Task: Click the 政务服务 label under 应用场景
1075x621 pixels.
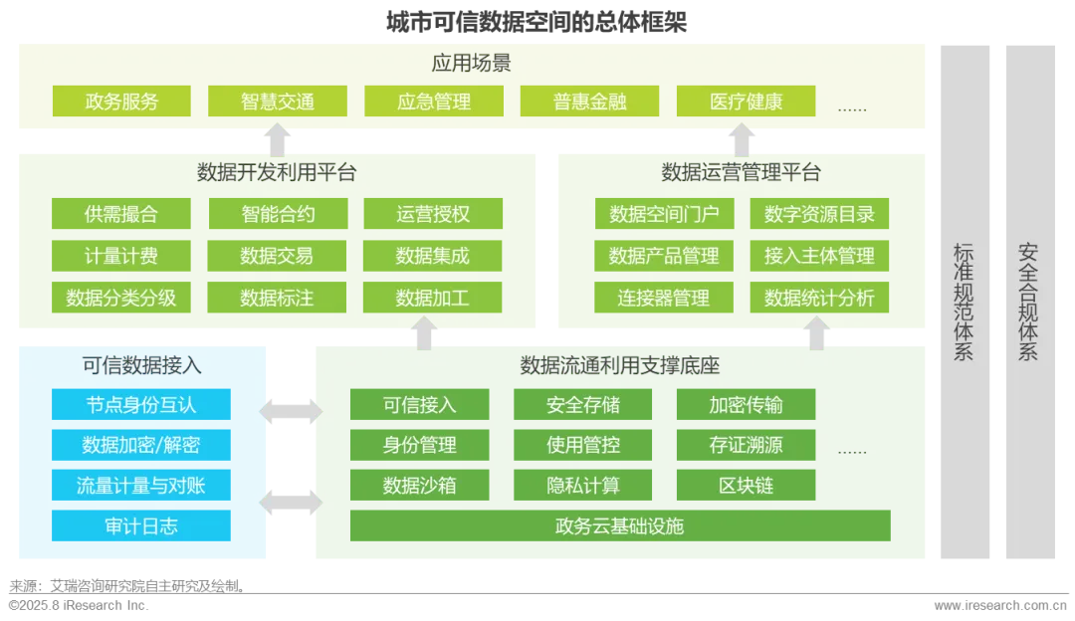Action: click(121, 102)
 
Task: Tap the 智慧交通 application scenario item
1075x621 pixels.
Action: click(277, 102)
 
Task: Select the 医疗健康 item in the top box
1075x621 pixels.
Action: click(746, 102)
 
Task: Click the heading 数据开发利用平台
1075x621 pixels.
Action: click(277, 173)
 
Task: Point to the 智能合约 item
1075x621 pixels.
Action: click(278, 214)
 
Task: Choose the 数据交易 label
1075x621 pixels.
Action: click(277, 256)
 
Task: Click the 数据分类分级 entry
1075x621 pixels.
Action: click(121, 298)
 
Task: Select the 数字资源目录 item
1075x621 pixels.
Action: click(819, 214)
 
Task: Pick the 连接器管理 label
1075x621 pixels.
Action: click(663, 298)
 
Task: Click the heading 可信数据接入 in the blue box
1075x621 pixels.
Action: click(141, 365)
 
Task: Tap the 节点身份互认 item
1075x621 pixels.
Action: click(141, 405)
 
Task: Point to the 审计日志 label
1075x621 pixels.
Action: click(141, 526)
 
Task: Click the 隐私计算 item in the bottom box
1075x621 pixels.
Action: click(583, 486)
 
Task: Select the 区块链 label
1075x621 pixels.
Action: click(746, 486)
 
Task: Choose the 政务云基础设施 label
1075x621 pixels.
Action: click(619, 526)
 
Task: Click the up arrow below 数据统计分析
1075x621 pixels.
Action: click(817, 332)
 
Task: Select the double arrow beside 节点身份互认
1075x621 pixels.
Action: click(290, 410)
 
